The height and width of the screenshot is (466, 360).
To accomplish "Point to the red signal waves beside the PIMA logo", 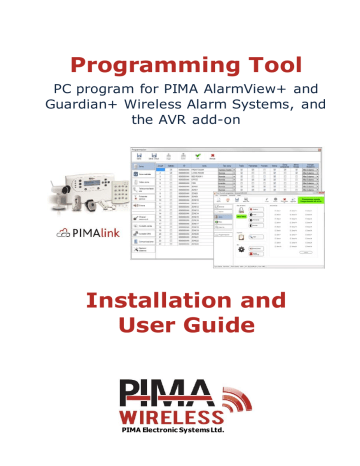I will (x=229, y=402).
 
